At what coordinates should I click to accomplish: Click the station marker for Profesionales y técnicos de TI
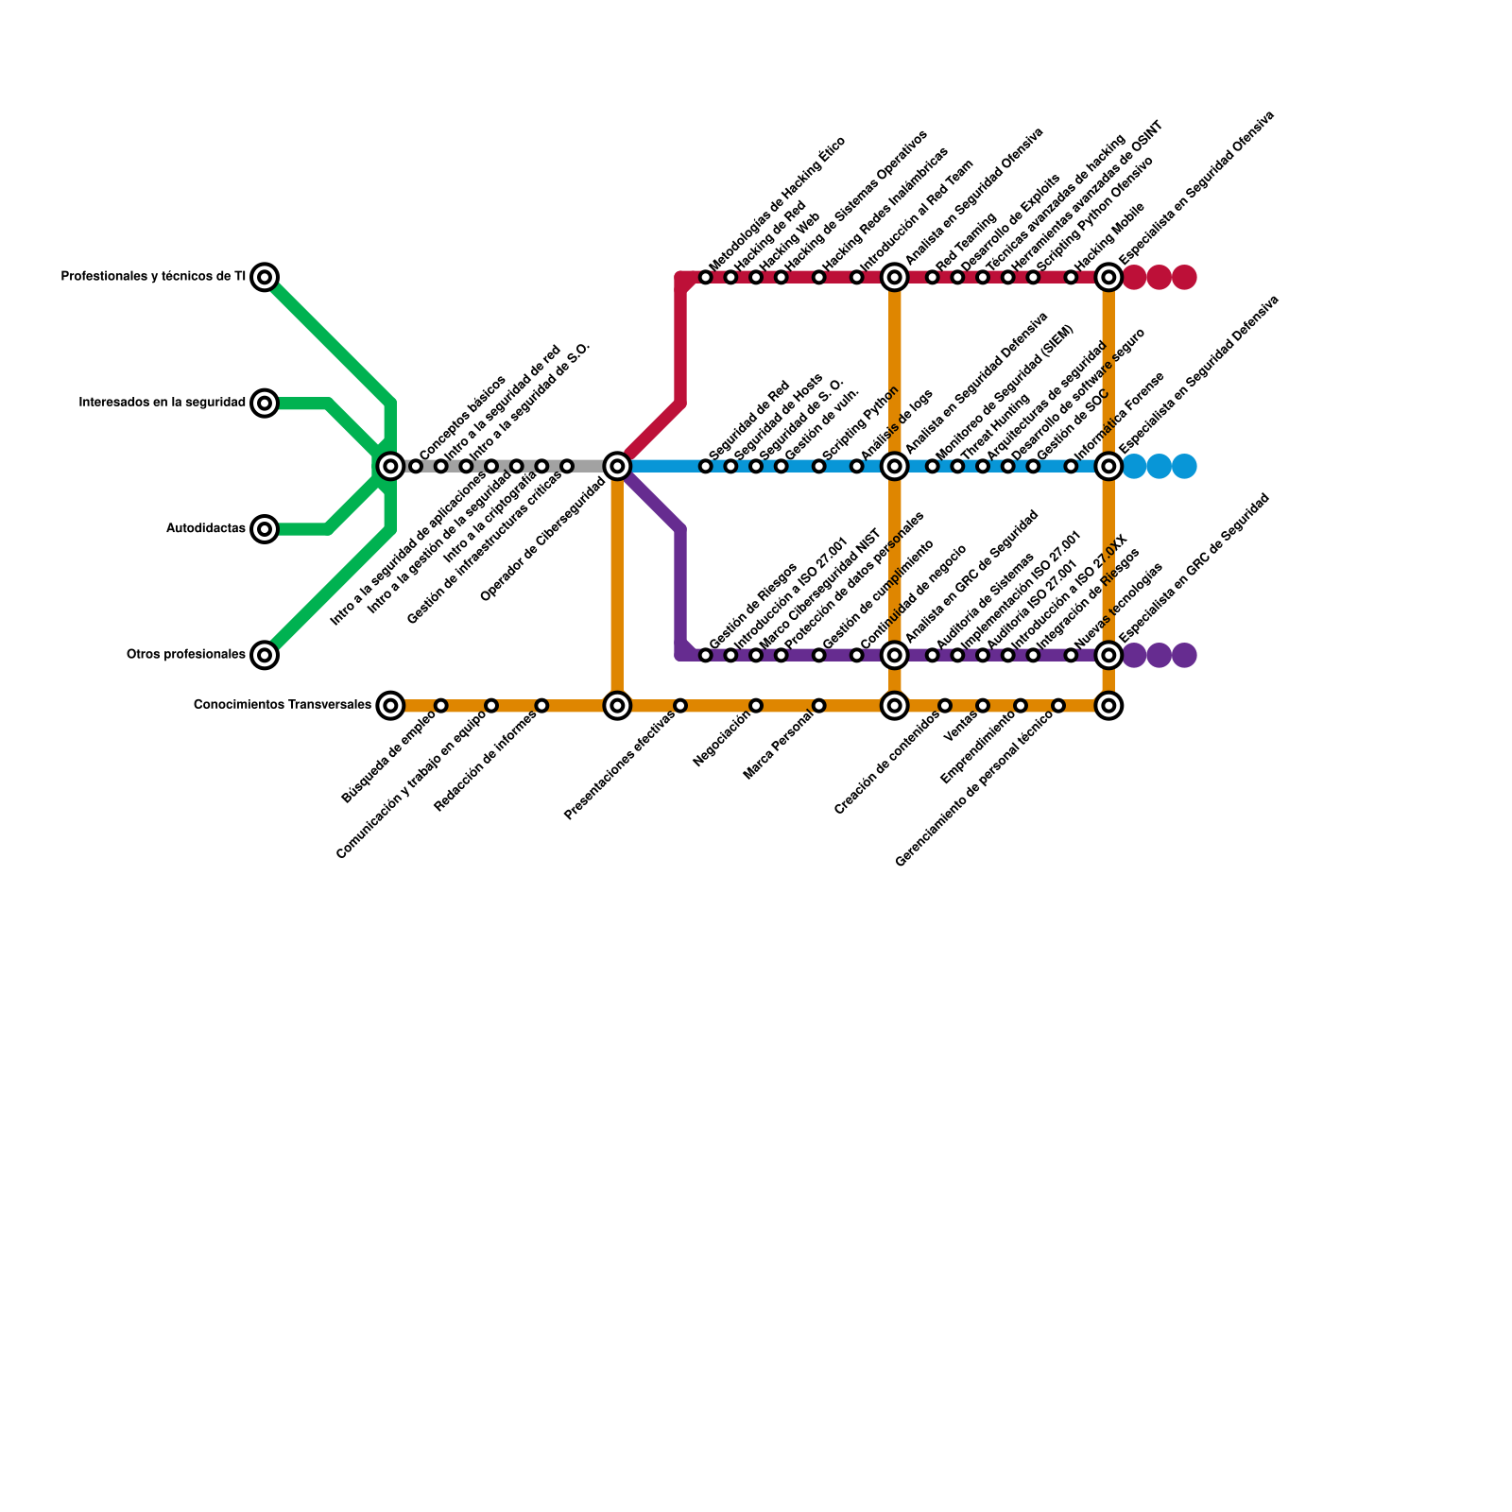266,277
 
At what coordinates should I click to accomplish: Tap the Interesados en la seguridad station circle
266,403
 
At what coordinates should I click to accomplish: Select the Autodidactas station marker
266,528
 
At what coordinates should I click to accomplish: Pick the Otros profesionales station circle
266,654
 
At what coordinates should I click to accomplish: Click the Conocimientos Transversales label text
282,705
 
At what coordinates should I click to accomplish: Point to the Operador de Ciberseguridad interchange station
617,466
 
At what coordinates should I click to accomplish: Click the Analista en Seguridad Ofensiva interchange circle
894,277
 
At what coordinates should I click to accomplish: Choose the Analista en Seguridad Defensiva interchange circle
894,466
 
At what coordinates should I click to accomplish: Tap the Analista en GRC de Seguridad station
894,655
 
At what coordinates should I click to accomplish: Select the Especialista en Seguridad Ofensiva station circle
1108,277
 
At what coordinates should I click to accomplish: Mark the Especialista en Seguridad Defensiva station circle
1108,466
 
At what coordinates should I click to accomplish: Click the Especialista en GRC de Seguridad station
1108,655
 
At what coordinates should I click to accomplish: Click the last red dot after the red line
1184,277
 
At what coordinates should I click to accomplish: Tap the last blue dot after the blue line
1184,466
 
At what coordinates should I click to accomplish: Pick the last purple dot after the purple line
1184,655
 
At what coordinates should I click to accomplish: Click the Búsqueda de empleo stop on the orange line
440,705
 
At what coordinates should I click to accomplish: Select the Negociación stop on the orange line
756,705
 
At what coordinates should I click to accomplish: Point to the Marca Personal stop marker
818,705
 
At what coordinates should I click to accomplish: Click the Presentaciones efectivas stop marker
680,705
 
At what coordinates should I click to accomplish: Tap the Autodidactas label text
206,529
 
